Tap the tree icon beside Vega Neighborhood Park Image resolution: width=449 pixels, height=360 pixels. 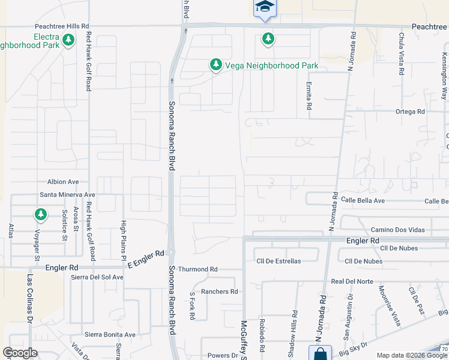[215, 64]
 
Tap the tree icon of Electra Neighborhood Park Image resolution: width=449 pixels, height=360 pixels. [68, 40]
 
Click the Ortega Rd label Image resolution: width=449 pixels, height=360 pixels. [409, 112]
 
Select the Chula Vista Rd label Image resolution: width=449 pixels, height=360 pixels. [401, 53]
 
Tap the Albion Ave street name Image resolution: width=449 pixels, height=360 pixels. [64, 182]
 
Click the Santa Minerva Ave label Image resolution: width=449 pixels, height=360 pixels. [68, 195]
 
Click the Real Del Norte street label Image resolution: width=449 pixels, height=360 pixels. [352, 281]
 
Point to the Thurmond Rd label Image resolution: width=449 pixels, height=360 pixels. [201, 269]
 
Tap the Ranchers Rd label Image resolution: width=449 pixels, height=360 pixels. [220, 292]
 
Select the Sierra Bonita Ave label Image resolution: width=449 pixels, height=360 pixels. [110, 334]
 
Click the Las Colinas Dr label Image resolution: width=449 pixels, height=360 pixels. [29, 299]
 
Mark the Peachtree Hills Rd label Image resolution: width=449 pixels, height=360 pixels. [62, 26]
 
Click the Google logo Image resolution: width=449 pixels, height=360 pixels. [20, 353]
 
